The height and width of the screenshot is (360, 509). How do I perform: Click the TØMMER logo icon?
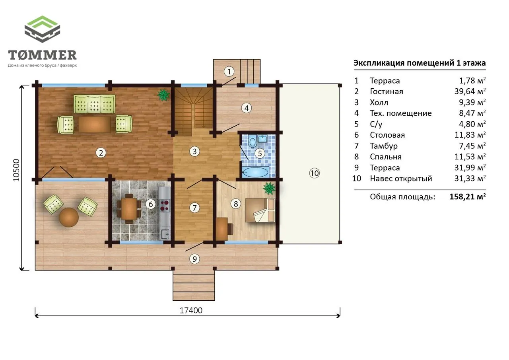tap(42, 29)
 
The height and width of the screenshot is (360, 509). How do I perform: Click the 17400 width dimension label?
tap(191, 310)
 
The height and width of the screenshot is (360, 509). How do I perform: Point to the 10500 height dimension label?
tap(16, 170)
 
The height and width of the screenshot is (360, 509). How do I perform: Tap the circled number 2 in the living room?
tap(101, 153)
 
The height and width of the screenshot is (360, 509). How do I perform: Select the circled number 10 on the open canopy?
tap(315, 173)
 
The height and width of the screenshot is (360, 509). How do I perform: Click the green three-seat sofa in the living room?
tap(94, 104)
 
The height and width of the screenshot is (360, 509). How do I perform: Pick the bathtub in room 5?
tap(255, 172)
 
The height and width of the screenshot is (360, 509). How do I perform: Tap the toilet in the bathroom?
tap(252, 141)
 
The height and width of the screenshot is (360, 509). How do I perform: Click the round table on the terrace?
tap(69, 217)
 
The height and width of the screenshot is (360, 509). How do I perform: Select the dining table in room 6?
tap(129, 209)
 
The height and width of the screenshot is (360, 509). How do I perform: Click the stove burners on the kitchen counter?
tap(164, 205)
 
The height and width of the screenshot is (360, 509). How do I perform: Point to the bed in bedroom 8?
tap(260, 210)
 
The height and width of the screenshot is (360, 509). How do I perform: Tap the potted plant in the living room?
tap(163, 95)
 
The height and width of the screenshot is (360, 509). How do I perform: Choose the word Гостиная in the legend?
tap(387, 91)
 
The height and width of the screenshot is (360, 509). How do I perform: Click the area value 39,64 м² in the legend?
tap(470, 91)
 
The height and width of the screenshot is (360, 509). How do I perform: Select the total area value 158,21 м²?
tap(468, 197)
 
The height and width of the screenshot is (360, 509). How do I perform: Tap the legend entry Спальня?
tap(386, 157)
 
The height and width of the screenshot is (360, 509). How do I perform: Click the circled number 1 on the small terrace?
tap(229, 71)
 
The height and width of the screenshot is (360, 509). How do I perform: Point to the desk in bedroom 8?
tap(221, 229)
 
